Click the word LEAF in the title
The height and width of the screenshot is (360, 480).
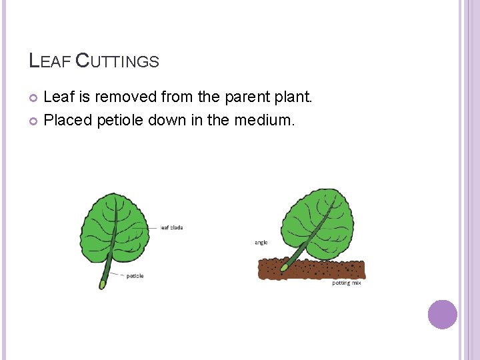(50, 61)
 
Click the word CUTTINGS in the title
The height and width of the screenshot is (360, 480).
(117, 61)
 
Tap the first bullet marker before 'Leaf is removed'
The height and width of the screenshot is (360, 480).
(34, 99)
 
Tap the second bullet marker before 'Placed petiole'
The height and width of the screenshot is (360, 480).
(34, 121)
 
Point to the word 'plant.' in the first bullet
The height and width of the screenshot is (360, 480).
(293, 97)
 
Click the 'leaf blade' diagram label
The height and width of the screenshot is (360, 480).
(171, 228)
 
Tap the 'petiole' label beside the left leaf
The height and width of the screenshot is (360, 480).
(135, 276)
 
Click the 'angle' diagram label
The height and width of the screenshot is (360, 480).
(261, 243)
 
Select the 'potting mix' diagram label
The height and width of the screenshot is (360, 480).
(347, 283)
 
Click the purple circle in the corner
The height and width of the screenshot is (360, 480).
(443, 314)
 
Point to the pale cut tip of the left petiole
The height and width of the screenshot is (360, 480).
(102, 285)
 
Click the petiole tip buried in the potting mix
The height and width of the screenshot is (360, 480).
(284, 267)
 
